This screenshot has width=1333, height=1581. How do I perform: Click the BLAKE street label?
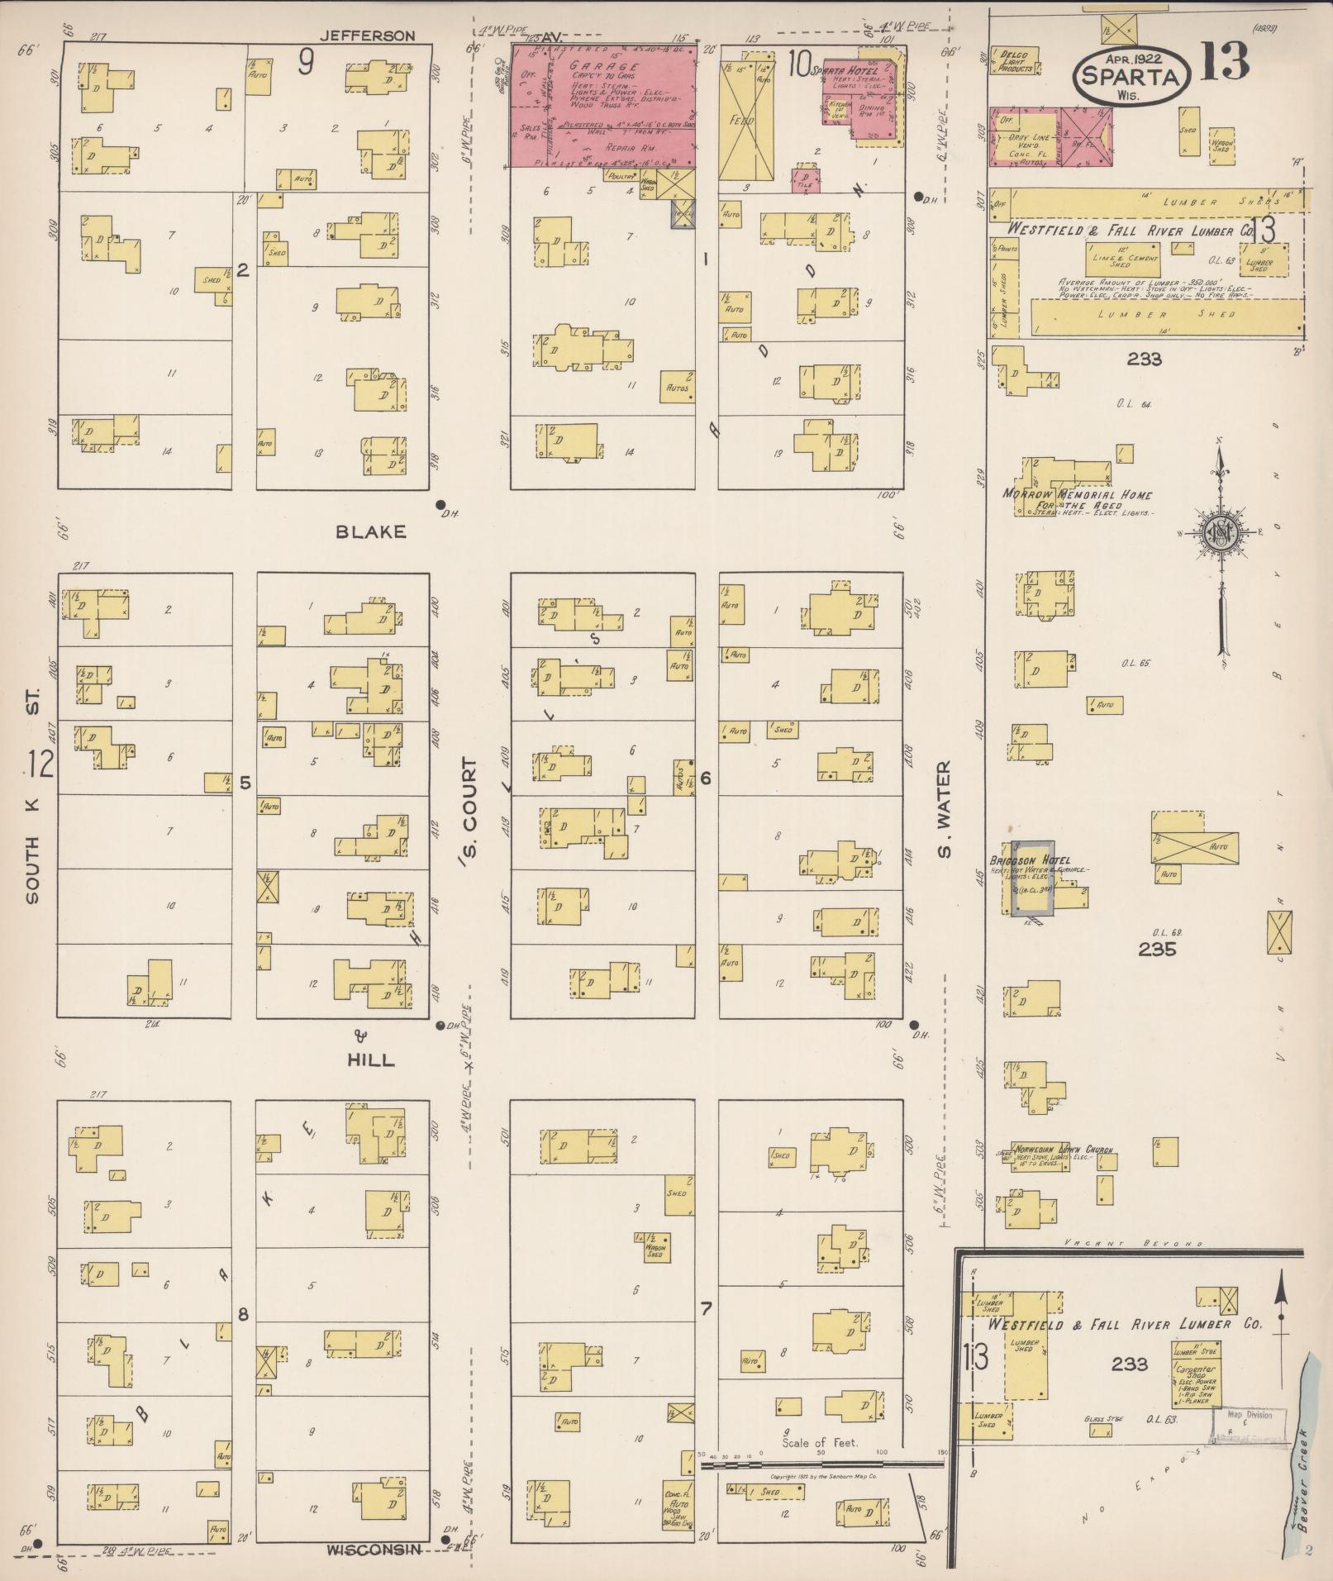(371, 531)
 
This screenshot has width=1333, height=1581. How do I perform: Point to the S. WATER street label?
(945, 811)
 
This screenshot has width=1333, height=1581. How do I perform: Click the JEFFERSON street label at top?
(367, 36)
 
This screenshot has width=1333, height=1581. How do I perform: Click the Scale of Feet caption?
(820, 1442)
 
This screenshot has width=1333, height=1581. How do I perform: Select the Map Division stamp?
(1250, 1415)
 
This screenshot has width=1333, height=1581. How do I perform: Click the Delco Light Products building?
(1015, 62)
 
